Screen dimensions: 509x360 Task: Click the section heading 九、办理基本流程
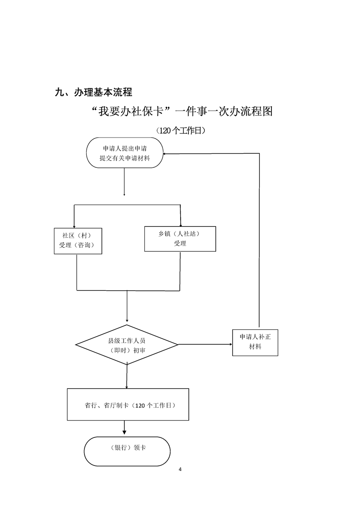pos(93,93)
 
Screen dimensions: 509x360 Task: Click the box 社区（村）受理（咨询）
pos(77,241)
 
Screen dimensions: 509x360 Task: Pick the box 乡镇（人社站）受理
pos(180,239)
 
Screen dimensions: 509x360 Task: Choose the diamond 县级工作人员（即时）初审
pos(127,345)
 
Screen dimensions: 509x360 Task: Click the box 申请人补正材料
pos(255,342)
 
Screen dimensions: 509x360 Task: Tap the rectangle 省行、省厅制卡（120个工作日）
pos(128,405)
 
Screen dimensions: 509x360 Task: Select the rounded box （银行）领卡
pos(127,451)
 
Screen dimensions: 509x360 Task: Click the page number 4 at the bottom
pos(180,469)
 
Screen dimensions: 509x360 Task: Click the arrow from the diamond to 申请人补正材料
pos(205,345)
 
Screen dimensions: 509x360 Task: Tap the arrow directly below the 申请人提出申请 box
pos(124,181)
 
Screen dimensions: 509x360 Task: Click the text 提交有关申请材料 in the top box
pos(125,158)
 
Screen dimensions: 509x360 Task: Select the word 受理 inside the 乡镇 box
pos(180,244)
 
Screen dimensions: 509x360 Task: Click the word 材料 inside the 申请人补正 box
pos(255,347)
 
